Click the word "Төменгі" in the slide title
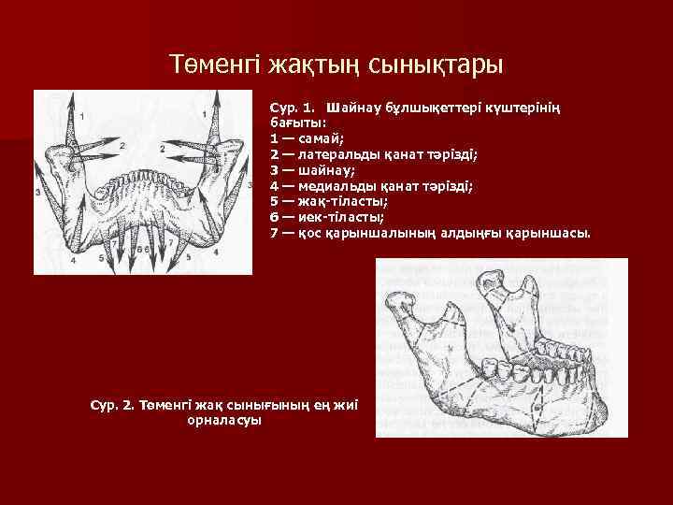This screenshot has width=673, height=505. (214, 65)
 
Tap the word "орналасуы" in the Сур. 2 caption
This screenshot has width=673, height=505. (224, 421)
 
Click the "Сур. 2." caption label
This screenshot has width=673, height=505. (112, 405)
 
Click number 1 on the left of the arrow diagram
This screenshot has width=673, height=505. (82, 116)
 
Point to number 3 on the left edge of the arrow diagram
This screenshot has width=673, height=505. (39, 192)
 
